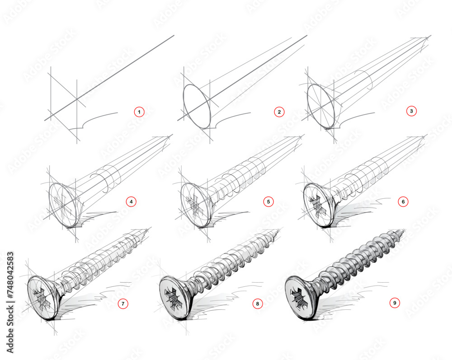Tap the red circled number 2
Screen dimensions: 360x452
pos(280,112)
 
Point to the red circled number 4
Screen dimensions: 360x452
pos(131,202)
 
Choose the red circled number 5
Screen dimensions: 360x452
pos(268,202)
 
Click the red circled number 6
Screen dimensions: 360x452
pos(403,202)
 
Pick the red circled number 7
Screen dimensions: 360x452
pos(123,304)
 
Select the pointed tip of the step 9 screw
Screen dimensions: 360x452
pos(404,231)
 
